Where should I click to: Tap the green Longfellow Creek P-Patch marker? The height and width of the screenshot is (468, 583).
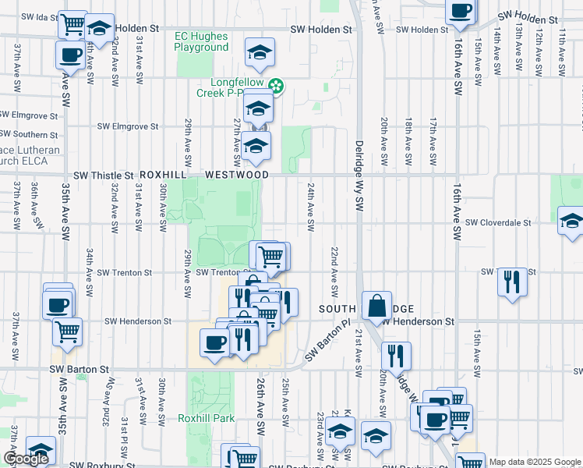(x=275, y=85)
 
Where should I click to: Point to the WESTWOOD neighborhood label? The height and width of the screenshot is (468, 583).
(x=237, y=175)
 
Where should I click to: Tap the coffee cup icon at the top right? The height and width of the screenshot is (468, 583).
(x=460, y=9)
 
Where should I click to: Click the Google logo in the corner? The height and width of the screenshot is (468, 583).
(x=25, y=459)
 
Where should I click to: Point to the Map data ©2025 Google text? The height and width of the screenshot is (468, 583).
(x=535, y=462)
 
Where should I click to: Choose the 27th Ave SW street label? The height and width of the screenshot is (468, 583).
(x=237, y=136)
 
